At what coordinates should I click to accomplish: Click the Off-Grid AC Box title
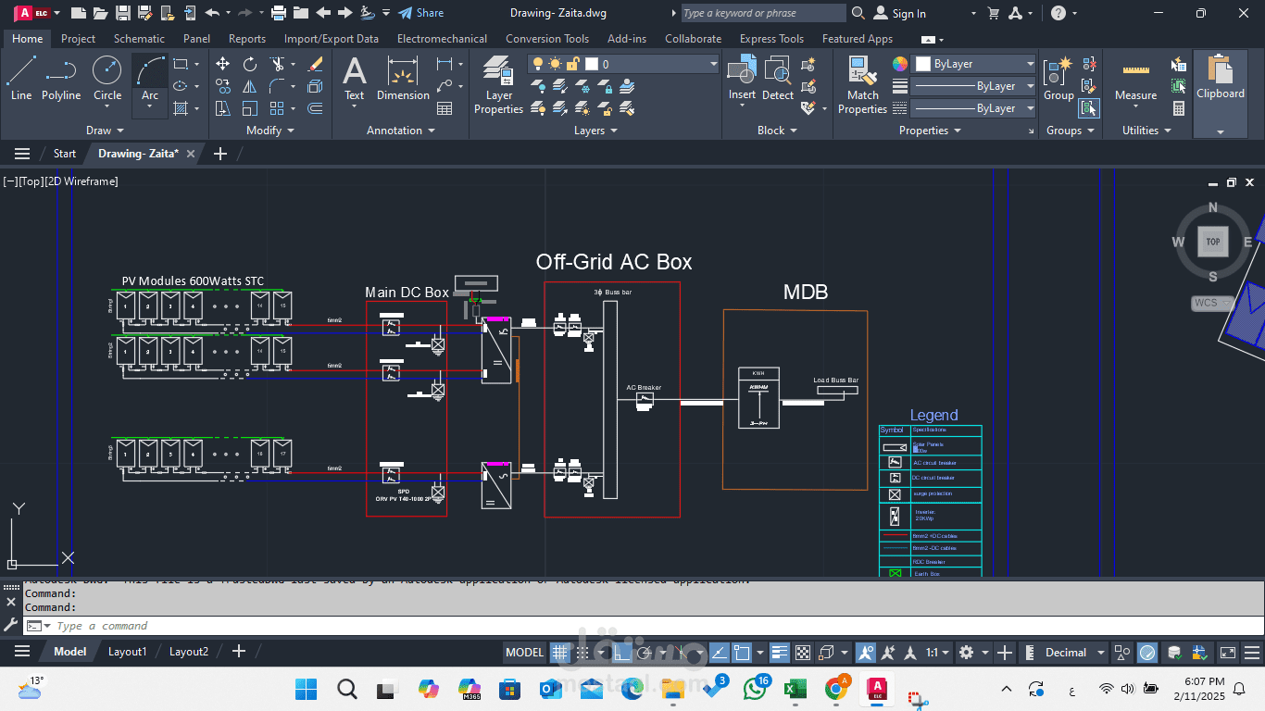click(613, 262)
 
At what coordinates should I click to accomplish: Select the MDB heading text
click(806, 293)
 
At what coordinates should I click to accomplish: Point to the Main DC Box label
click(407, 293)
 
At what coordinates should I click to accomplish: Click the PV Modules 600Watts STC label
click(193, 281)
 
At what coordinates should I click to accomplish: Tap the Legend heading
click(933, 415)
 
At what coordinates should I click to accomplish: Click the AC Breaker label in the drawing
click(644, 388)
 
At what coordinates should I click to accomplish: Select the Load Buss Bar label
click(835, 380)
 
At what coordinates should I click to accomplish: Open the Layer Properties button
click(498, 85)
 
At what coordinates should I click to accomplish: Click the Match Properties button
click(862, 85)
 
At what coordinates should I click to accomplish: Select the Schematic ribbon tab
click(139, 39)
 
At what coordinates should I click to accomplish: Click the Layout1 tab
click(128, 652)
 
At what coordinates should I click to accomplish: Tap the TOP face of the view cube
click(1212, 242)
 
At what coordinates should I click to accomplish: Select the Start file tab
click(65, 154)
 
